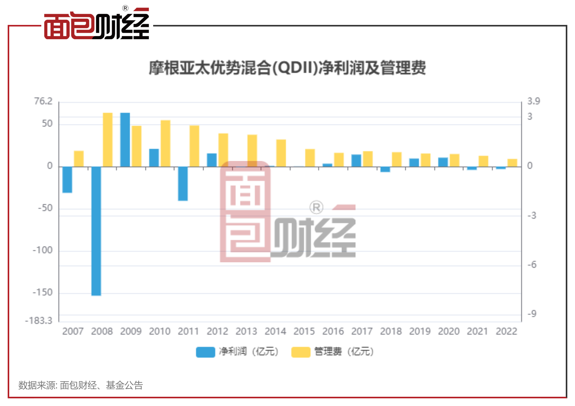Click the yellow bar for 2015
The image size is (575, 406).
tap(310, 158)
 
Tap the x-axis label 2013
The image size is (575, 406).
tap(246, 332)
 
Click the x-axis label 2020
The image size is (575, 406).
tap(449, 332)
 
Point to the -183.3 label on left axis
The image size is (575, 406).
tap(39, 320)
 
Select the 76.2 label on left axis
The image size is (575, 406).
tap(43, 101)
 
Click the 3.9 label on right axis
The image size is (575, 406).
tap(533, 101)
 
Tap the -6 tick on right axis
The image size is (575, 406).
tap(532, 265)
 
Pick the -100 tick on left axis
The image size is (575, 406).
tap(43, 250)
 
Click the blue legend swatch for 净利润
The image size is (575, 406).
tap(205, 352)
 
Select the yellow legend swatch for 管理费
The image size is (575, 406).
tap(301, 352)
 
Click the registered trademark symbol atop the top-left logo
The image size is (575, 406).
tap(125, 8)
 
